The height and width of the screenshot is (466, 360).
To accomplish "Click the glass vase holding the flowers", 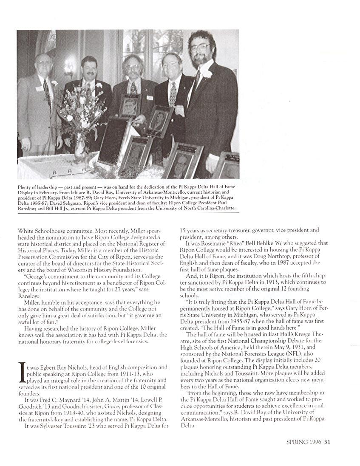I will [80, 147].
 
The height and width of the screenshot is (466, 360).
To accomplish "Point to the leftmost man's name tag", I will [40, 89].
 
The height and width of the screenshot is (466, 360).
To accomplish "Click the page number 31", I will [328, 441].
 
